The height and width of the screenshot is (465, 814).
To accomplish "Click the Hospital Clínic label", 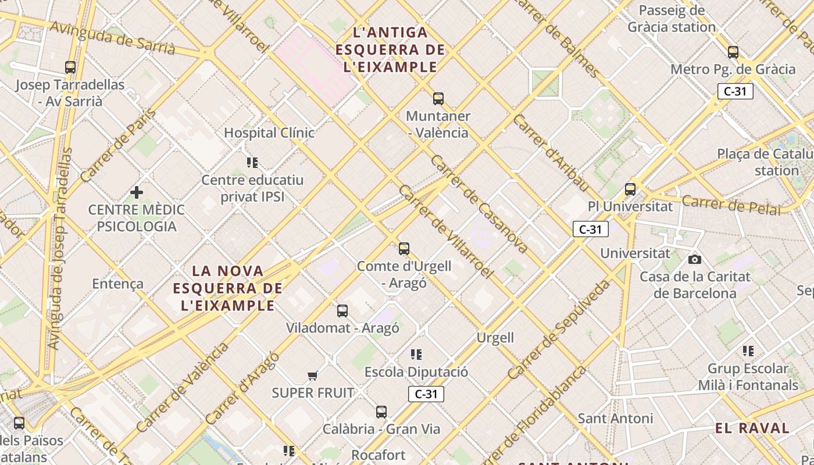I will [x=269, y=133].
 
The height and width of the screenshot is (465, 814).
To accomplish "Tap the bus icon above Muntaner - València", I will [x=438, y=98].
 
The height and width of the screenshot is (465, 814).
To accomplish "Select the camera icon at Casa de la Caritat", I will [x=694, y=259].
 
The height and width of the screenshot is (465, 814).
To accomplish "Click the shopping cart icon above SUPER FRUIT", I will [x=313, y=375].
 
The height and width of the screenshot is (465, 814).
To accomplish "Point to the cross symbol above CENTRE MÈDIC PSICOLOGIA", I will [x=137, y=192].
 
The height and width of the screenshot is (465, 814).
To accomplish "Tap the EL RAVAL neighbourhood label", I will [x=752, y=428].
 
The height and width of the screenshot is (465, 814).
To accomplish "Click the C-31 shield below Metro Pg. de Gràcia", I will [x=735, y=91].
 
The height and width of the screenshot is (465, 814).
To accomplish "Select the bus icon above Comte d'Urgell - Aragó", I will [x=404, y=249].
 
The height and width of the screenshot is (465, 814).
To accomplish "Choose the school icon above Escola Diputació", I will [x=416, y=354].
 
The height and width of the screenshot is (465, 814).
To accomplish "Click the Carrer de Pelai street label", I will [x=731, y=205].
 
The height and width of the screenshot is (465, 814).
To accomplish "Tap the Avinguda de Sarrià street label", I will [x=112, y=38].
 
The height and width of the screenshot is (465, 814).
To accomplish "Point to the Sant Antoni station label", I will [x=615, y=418].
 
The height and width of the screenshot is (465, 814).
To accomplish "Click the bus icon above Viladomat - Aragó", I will [x=342, y=310].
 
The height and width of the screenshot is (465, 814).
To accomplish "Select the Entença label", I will [x=117, y=284].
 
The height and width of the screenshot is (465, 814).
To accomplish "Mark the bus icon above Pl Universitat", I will [x=630, y=189].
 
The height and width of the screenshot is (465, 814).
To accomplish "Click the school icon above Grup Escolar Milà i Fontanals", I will [x=748, y=350].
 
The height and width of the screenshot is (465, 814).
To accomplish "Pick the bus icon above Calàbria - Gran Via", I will [x=381, y=412].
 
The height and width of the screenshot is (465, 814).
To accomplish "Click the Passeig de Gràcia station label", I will [x=672, y=19].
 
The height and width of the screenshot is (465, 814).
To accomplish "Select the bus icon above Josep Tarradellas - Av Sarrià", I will [x=70, y=67].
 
